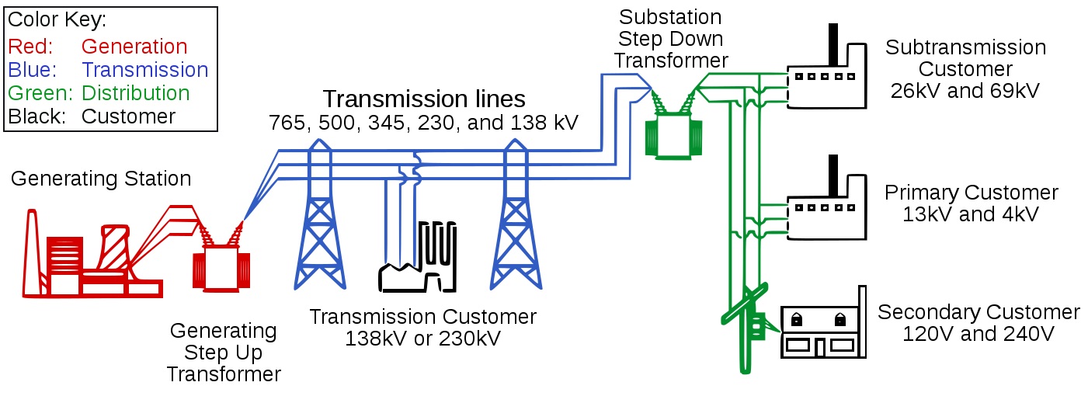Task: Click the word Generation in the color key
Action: pyautogui.click(x=134, y=47)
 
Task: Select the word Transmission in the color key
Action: pyautogui.click(x=145, y=70)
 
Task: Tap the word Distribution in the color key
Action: pyautogui.click(x=135, y=93)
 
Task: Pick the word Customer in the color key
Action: pyautogui.click(x=128, y=116)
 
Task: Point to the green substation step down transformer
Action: pyautogui.click(x=673, y=131)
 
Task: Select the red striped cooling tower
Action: pyautogui.click(x=115, y=247)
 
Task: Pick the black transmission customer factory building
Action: pyautogui.click(x=418, y=257)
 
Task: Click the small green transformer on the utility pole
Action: pyautogui.click(x=757, y=326)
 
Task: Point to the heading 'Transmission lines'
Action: pyautogui.click(x=424, y=99)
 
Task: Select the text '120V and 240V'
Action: pyautogui.click(x=979, y=334)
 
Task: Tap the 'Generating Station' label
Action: pyautogui.click(x=101, y=179)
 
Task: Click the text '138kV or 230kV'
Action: pyautogui.click(x=422, y=339)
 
